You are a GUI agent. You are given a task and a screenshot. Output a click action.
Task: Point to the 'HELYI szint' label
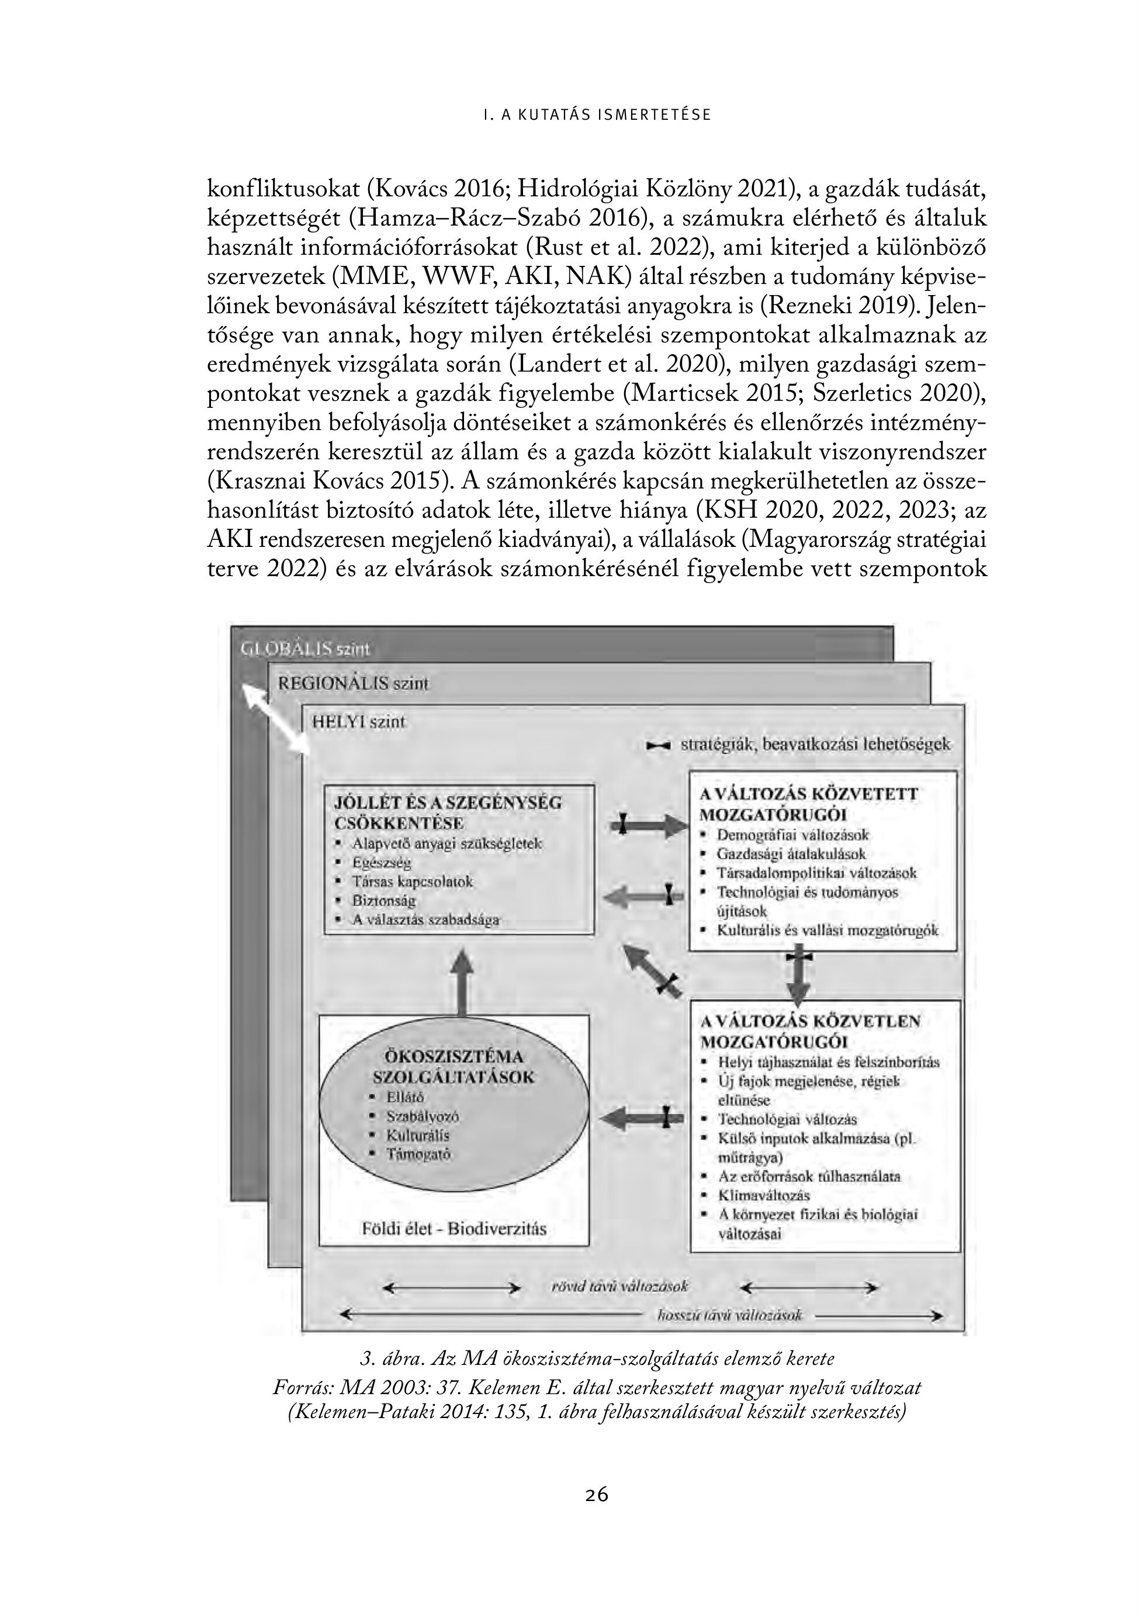click(359, 722)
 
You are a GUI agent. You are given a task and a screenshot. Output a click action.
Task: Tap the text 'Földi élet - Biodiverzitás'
click(453, 1229)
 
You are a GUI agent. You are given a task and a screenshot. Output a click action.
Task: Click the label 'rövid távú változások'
click(619, 1287)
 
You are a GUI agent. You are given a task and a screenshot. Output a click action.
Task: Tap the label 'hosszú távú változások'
click(730, 1315)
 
